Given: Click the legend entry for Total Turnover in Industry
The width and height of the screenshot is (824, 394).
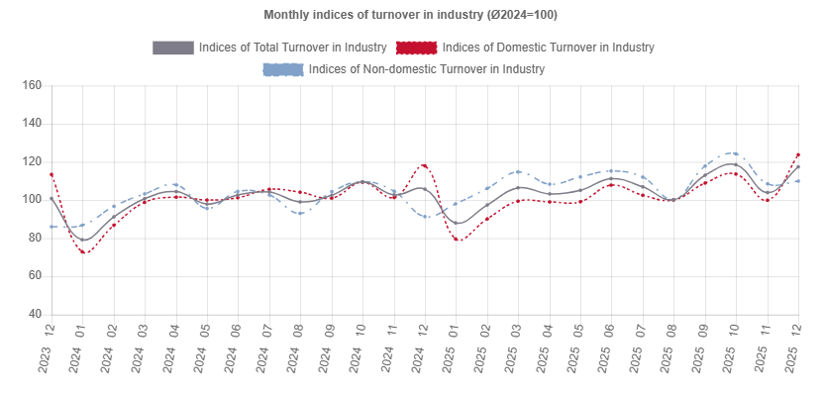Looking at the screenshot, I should click(x=291, y=48).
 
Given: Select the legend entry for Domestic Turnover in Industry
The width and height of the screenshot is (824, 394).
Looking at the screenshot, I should click(x=548, y=48).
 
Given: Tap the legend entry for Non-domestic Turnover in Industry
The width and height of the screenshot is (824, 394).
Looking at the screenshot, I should click(x=426, y=69).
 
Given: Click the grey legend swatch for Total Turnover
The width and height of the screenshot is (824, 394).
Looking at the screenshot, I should click(x=173, y=48).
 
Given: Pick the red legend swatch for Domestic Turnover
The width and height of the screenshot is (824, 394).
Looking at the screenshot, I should click(x=416, y=48).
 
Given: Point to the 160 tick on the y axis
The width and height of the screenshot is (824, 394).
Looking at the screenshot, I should click(x=31, y=86).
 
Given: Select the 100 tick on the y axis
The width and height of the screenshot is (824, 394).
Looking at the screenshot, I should click(x=31, y=200).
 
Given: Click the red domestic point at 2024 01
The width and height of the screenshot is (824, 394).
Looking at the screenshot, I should click(x=83, y=251).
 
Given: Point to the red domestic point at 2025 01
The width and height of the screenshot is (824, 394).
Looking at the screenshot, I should click(x=456, y=240).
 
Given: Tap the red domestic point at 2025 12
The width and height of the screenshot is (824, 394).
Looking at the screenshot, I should click(x=798, y=155).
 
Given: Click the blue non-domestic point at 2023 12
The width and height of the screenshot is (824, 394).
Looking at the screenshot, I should click(x=51, y=227).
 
